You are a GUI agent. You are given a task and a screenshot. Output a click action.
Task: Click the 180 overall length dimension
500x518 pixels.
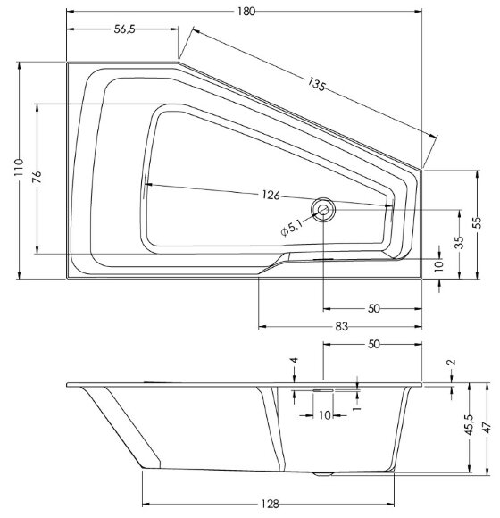pos(247,11)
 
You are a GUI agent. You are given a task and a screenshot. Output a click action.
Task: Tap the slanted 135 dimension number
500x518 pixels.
pos(316,87)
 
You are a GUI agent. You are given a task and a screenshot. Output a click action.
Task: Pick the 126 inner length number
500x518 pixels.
pos(271,196)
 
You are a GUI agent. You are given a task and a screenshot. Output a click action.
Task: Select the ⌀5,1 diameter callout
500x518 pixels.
pos(292,229)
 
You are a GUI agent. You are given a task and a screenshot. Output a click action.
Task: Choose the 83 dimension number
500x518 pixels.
pos(340,327)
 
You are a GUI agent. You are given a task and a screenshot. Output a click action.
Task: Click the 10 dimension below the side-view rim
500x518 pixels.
pos(324,414)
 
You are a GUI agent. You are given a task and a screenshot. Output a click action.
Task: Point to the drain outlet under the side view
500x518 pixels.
pos(323,473)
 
